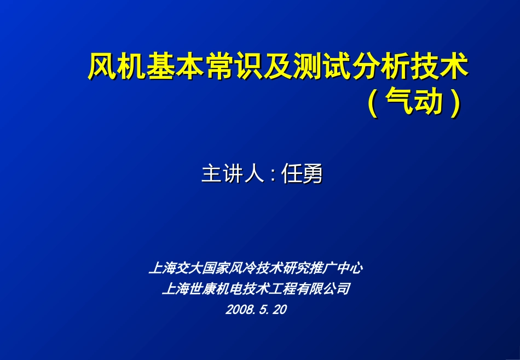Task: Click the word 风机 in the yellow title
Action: tap(117, 67)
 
